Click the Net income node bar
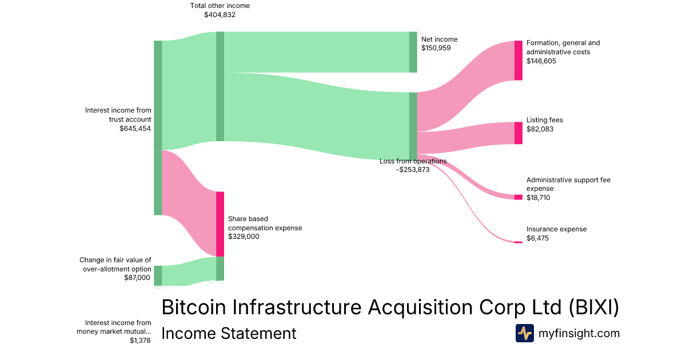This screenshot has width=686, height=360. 413,52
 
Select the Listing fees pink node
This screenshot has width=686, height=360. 518,133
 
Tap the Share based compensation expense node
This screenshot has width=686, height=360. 220,224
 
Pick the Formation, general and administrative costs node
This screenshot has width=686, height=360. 518,61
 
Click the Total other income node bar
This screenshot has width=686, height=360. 220,86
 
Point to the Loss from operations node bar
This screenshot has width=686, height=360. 413,126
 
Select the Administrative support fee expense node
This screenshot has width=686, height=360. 518,197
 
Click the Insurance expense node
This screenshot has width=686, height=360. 518,242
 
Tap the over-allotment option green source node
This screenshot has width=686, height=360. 158,275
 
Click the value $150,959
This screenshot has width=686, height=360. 436,48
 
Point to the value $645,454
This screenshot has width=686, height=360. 135,129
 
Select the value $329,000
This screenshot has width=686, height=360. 244,236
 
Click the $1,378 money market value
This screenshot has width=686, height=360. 140,341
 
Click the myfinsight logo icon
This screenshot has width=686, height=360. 524,333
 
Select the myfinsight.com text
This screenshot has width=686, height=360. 579,333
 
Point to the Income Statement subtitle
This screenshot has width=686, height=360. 229,334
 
